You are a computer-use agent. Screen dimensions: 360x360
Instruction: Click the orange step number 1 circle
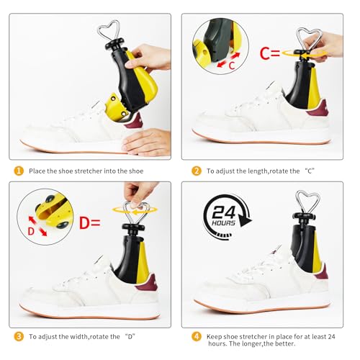point(18,171)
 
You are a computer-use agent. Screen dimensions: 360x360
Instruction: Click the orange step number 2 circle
point(196,171)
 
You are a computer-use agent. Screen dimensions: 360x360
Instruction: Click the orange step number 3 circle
point(18,336)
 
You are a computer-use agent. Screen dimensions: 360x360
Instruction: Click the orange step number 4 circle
point(196,336)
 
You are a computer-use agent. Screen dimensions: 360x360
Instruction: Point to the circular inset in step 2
point(217,48)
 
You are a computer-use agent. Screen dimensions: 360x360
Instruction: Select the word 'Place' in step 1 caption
point(37,171)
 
